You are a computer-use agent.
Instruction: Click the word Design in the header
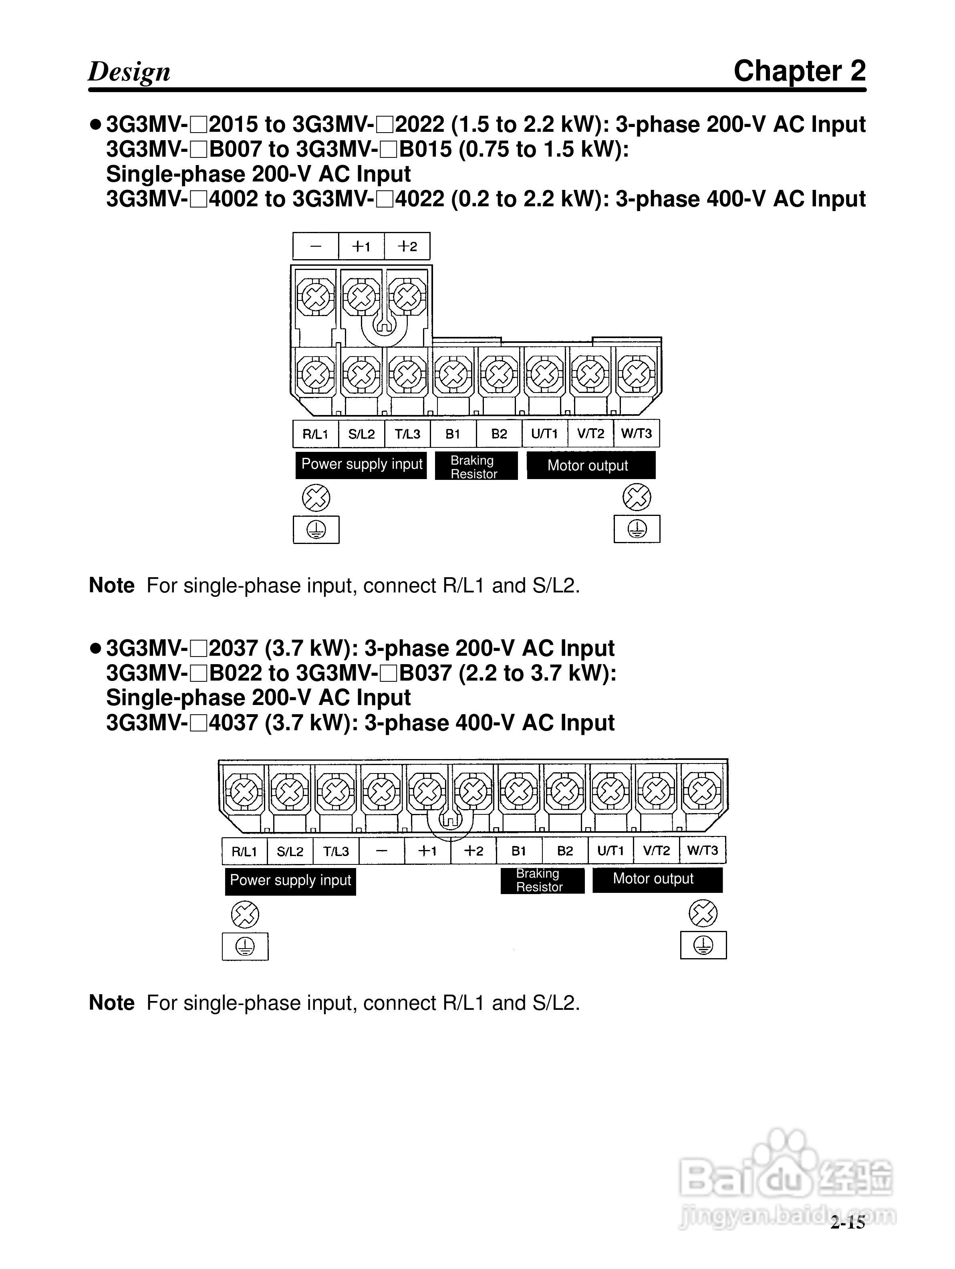click(x=129, y=72)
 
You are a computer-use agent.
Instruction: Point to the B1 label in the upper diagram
click(x=453, y=434)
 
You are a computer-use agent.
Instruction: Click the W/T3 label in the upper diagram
click(x=636, y=434)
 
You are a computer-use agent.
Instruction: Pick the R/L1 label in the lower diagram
click(x=244, y=851)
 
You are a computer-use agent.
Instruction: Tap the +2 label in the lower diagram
click(x=473, y=851)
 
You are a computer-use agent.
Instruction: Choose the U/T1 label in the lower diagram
click(x=610, y=851)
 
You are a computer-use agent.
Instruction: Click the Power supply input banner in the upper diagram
click(x=361, y=465)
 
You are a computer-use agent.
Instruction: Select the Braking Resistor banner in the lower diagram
click(x=542, y=880)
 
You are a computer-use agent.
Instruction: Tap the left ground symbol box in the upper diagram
click(x=316, y=529)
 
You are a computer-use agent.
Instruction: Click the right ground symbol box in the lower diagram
click(x=703, y=945)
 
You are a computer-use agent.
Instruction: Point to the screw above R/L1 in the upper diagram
click(x=316, y=375)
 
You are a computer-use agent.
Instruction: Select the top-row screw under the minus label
click(x=316, y=296)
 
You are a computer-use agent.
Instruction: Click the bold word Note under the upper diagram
click(x=112, y=586)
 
